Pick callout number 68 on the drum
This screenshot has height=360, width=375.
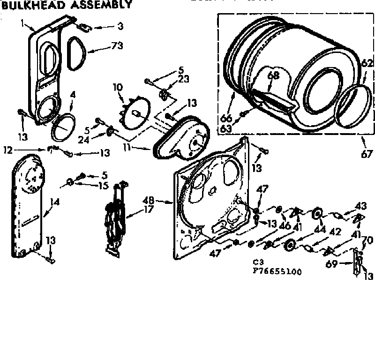tap(273, 75)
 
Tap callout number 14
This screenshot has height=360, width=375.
tap(55, 202)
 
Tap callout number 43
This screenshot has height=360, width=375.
tap(360, 205)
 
